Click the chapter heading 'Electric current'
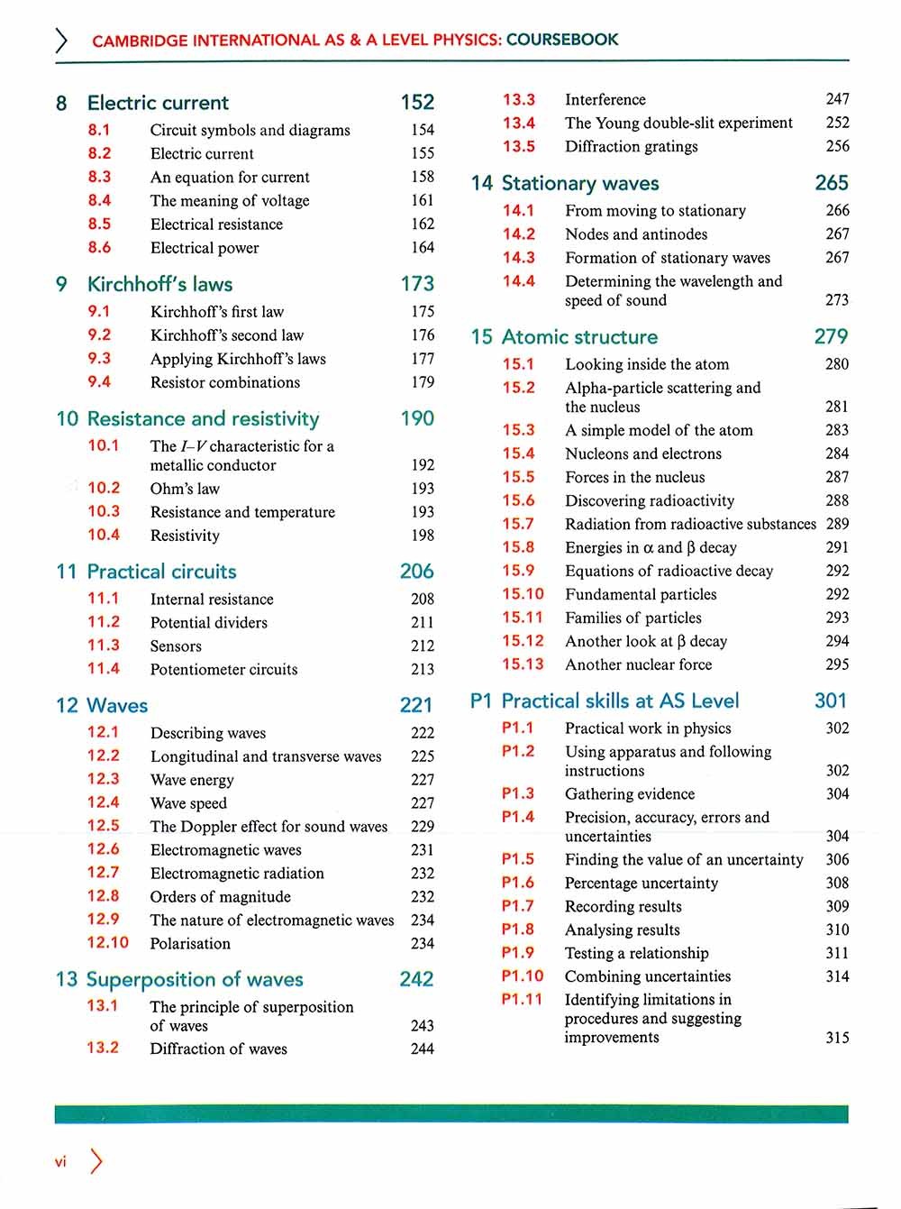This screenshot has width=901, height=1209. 158,103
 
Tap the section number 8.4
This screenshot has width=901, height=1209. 99,200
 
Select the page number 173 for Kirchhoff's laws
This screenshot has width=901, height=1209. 417,284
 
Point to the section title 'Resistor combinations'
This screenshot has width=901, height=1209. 225,382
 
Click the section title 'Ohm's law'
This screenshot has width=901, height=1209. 185,489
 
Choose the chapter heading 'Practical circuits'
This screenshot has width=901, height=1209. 161,572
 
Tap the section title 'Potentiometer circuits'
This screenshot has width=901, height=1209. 223,669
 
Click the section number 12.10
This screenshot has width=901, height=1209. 107,942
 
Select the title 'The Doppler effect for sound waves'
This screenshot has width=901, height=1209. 268,826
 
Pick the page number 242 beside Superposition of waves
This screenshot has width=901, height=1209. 416,979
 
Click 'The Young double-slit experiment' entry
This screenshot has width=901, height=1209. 678,123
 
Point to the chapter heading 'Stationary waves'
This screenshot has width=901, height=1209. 580,183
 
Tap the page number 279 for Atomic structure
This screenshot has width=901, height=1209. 831,336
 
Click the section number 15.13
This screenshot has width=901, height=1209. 523,664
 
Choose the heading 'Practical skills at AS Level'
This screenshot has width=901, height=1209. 620,701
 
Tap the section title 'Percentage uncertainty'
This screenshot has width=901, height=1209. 642,883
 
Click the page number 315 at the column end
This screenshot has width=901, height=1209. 837,1038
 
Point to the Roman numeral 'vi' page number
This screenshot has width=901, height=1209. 60,1162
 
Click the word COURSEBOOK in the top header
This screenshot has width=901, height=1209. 562,40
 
